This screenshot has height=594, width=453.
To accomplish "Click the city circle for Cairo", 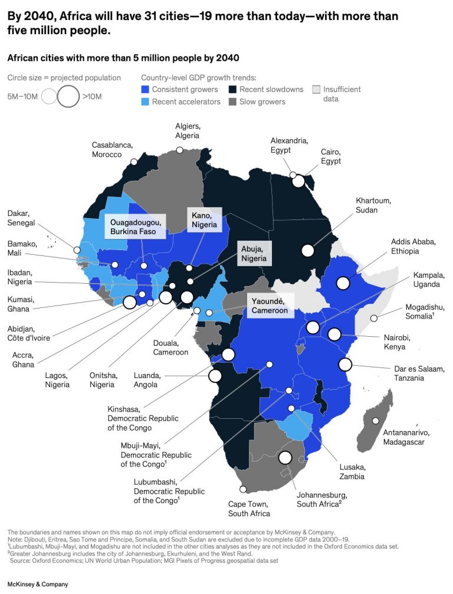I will click(298, 181).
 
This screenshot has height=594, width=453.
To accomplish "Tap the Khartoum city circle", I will click(307, 250).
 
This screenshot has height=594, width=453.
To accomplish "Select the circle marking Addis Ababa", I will click(343, 284).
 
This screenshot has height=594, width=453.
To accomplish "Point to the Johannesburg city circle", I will click(285, 457).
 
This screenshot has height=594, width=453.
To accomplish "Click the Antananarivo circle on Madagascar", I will click(376, 421).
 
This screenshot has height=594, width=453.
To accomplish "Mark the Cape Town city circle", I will click(243, 489).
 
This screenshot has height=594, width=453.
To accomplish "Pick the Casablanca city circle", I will click(134, 161).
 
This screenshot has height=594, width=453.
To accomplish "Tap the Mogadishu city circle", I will click(373, 319).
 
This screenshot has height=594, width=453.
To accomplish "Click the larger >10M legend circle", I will click(68, 96).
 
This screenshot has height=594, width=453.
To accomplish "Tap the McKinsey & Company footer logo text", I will click(38, 585).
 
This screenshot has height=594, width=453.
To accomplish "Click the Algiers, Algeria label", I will click(188, 131).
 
